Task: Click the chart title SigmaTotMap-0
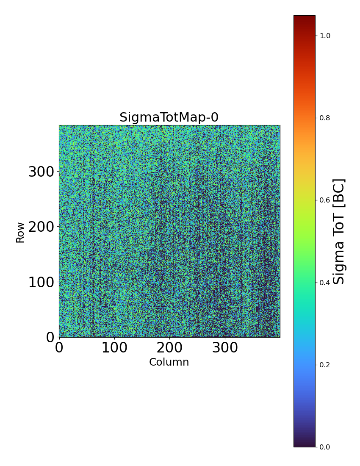click(169, 117)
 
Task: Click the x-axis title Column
click(169, 362)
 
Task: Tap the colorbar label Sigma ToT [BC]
click(339, 231)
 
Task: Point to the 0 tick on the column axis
click(59, 348)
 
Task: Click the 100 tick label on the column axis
click(114, 348)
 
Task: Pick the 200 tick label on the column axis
click(169, 348)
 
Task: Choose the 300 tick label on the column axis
click(224, 348)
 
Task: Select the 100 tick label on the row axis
click(42, 282)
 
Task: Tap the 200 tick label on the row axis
click(42, 227)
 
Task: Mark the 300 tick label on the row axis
click(42, 172)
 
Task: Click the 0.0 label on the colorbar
click(325, 447)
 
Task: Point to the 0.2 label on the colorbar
click(325, 365)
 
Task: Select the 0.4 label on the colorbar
click(325, 283)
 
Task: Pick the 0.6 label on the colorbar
click(325, 200)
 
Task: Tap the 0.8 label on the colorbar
click(325, 118)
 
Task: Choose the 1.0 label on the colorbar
click(325, 36)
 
